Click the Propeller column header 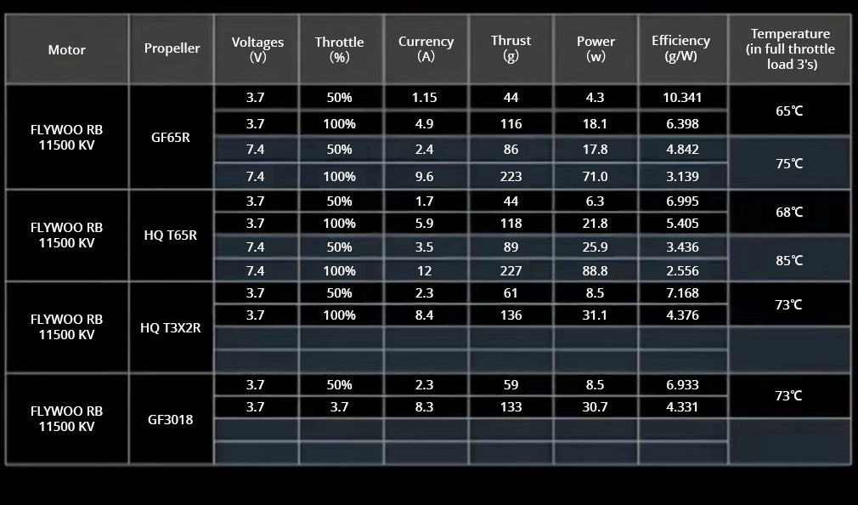coord(172,48)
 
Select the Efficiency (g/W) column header coord(680,48)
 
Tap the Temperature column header coord(790,48)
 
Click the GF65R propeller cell coord(172,136)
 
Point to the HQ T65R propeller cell coord(172,235)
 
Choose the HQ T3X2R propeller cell coord(172,327)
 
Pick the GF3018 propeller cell coord(172,419)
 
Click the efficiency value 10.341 coord(682,98)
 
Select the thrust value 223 coord(511,177)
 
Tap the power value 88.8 coord(596,271)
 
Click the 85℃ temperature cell coord(789,261)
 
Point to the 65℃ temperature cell coord(789,111)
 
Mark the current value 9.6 coord(424,177)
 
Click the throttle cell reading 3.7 coord(339,407)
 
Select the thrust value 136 coord(511,315)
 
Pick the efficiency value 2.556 coord(682,271)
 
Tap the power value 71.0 coord(596,177)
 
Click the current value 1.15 coord(424,98)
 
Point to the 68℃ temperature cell coord(789,213)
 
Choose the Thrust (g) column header coord(511,48)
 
